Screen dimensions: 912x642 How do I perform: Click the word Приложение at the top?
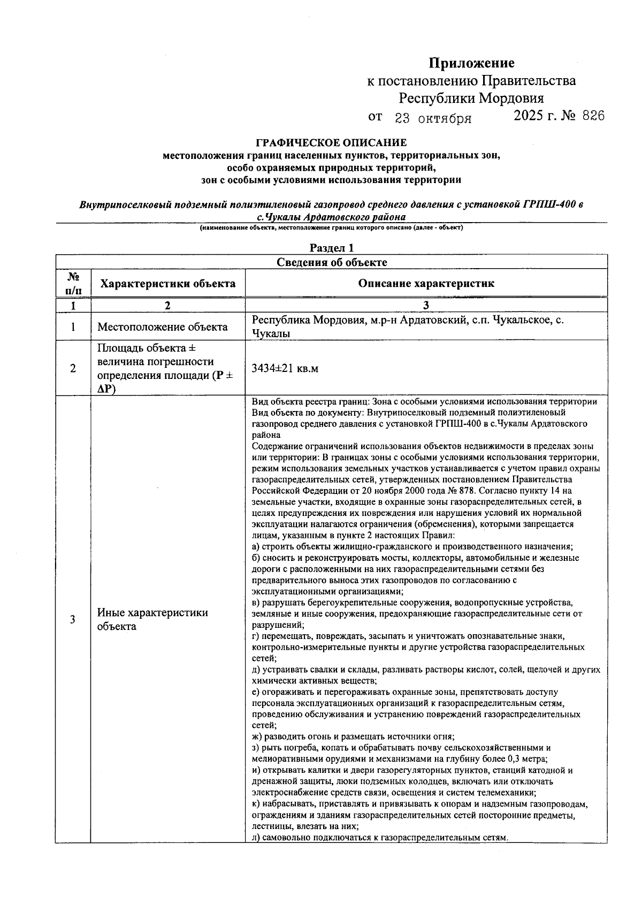coord(471,63)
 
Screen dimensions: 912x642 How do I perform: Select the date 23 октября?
coord(433,118)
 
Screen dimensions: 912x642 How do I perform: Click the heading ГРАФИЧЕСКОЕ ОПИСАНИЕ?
coord(331,143)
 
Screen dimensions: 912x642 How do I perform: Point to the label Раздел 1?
coord(332,248)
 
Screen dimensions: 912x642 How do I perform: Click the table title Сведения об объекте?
coord(332,262)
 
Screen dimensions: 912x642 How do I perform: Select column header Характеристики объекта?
coord(168,284)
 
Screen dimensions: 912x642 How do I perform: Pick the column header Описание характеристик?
coord(426,284)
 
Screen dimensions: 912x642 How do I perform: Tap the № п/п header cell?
coord(73,283)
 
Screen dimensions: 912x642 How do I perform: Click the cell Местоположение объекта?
coord(162,327)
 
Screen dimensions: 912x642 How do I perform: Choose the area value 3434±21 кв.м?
coord(285,369)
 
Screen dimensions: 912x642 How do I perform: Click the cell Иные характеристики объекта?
coord(152,619)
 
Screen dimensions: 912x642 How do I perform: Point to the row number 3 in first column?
coord(73,619)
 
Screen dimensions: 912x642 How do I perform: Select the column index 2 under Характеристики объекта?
coord(168,306)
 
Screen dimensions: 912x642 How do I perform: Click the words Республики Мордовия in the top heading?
coord(471,98)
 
